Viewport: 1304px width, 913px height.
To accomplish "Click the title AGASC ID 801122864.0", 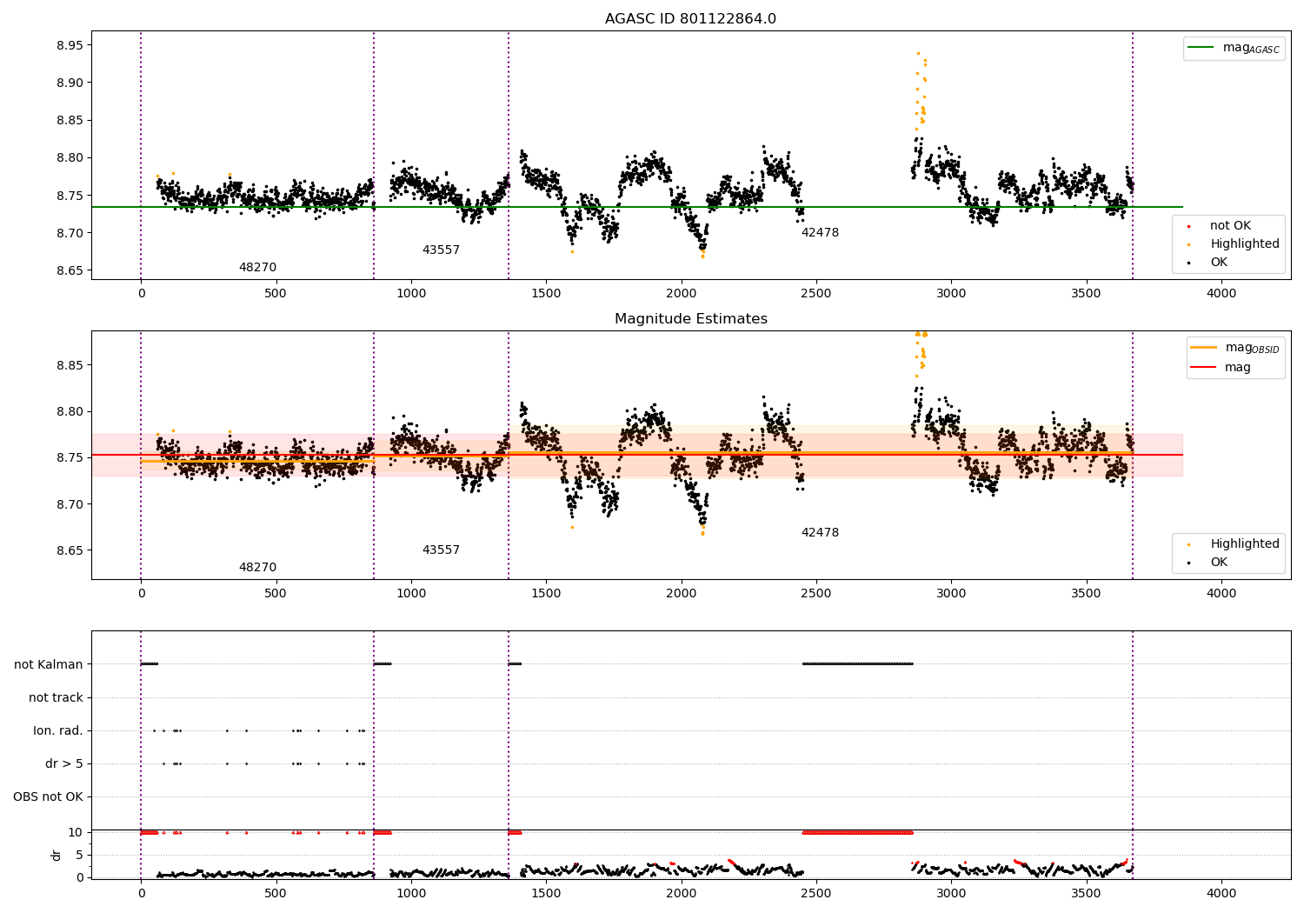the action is pos(690,18).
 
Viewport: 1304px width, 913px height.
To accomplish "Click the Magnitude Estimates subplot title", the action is pos(691,318).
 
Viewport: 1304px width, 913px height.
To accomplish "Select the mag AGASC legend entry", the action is pos(1234,48).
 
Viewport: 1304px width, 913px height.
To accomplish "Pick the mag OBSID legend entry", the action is pos(1235,348).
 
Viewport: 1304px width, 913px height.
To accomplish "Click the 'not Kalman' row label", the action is pos(49,664).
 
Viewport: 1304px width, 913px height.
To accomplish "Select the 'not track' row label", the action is pos(56,697).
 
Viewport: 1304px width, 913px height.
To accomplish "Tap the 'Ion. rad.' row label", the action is pos(57,730).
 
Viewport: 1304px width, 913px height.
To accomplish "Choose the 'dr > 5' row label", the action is pos(64,763).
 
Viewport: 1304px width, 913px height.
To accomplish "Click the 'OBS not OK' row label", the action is pos(48,796).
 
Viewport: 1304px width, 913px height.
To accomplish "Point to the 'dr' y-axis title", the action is pos(56,855).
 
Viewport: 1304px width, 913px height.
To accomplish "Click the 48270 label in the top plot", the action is pos(258,267).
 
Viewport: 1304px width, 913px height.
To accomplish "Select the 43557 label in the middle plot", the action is pos(441,550).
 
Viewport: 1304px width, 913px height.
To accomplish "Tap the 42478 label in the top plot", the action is pos(821,232).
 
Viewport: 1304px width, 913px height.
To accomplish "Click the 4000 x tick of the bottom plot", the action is pos(1221,893).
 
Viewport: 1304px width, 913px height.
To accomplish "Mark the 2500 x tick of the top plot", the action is pos(816,294).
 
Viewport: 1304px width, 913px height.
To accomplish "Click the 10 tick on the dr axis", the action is pos(75,833).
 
